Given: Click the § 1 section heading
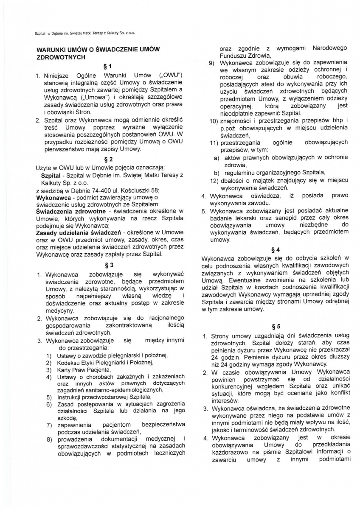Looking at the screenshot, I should tap(107, 66).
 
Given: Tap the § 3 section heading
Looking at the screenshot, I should tap(107, 265).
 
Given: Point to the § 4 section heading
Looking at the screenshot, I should tap(276, 249).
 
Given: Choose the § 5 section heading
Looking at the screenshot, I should tap(276, 326).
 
